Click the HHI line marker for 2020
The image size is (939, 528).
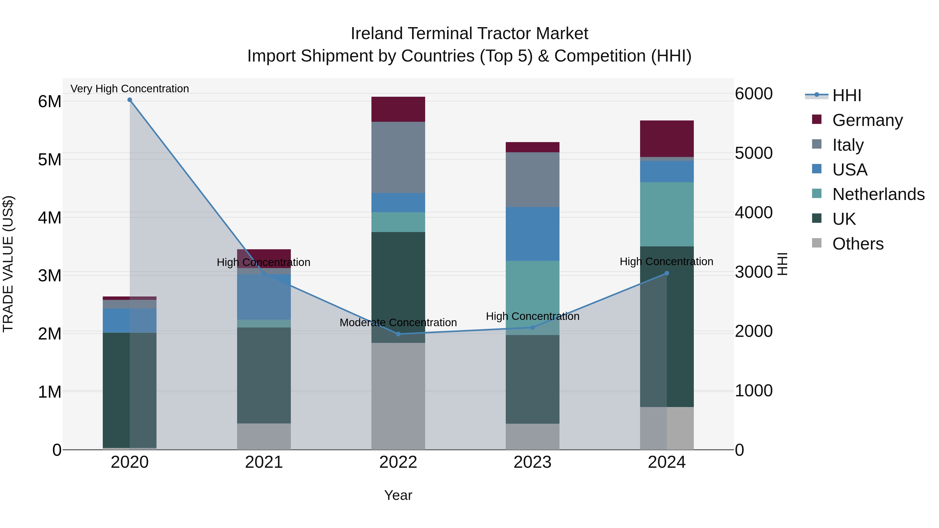click(x=130, y=100)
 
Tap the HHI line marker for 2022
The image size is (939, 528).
click(x=398, y=334)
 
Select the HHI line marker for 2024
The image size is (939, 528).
click(x=667, y=273)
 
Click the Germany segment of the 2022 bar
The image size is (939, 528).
click(x=398, y=109)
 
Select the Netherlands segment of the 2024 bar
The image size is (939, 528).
click(x=667, y=214)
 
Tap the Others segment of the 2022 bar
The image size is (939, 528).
click(x=398, y=396)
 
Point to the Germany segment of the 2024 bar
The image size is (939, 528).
click(x=667, y=138)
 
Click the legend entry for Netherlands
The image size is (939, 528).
click(x=878, y=194)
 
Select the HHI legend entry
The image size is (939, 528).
click(x=846, y=95)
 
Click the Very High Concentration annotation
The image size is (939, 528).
click(x=130, y=89)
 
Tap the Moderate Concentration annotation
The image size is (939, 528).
click(x=398, y=323)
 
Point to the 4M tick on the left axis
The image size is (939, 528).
click(x=50, y=218)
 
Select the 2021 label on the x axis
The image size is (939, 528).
click(x=264, y=462)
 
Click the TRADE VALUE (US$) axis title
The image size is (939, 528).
click(x=8, y=264)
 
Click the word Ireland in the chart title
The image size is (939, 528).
click(x=377, y=34)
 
